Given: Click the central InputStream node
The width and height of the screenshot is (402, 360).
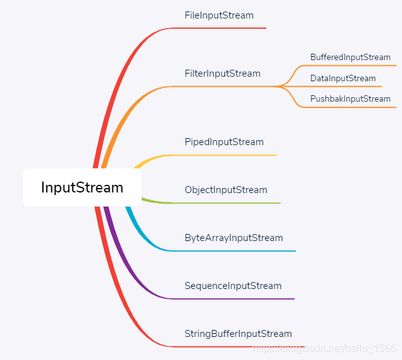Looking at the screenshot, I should pyautogui.click(x=82, y=187).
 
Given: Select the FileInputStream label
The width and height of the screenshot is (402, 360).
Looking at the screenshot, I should pyautogui.click(x=219, y=15).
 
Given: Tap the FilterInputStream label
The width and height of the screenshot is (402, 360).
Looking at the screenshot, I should pyautogui.click(x=222, y=74).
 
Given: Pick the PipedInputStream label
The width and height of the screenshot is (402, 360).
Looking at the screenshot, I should pyautogui.click(x=224, y=142).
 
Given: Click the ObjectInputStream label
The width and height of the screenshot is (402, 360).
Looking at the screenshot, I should pyautogui.click(x=226, y=190).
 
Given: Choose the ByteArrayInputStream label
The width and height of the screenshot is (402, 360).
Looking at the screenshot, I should pyautogui.click(x=233, y=238).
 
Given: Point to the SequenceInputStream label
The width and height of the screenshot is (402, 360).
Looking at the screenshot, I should pyautogui.click(x=233, y=286).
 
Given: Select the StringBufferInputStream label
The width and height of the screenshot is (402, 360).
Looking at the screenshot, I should pyautogui.click(x=238, y=334).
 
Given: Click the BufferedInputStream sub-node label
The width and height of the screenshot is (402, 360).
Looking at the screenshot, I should pyautogui.click(x=350, y=58).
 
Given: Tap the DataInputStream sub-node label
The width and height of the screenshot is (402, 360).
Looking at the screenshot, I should pyautogui.click(x=343, y=79).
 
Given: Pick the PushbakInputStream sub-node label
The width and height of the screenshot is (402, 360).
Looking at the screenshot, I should pyautogui.click(x=350, y=99).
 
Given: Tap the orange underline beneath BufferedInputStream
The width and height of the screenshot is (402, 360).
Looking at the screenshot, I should pyautogui.click(x=352, y=65).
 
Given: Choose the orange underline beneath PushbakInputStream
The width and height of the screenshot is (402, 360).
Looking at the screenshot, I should pyautogui.click(x=352, y=107).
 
